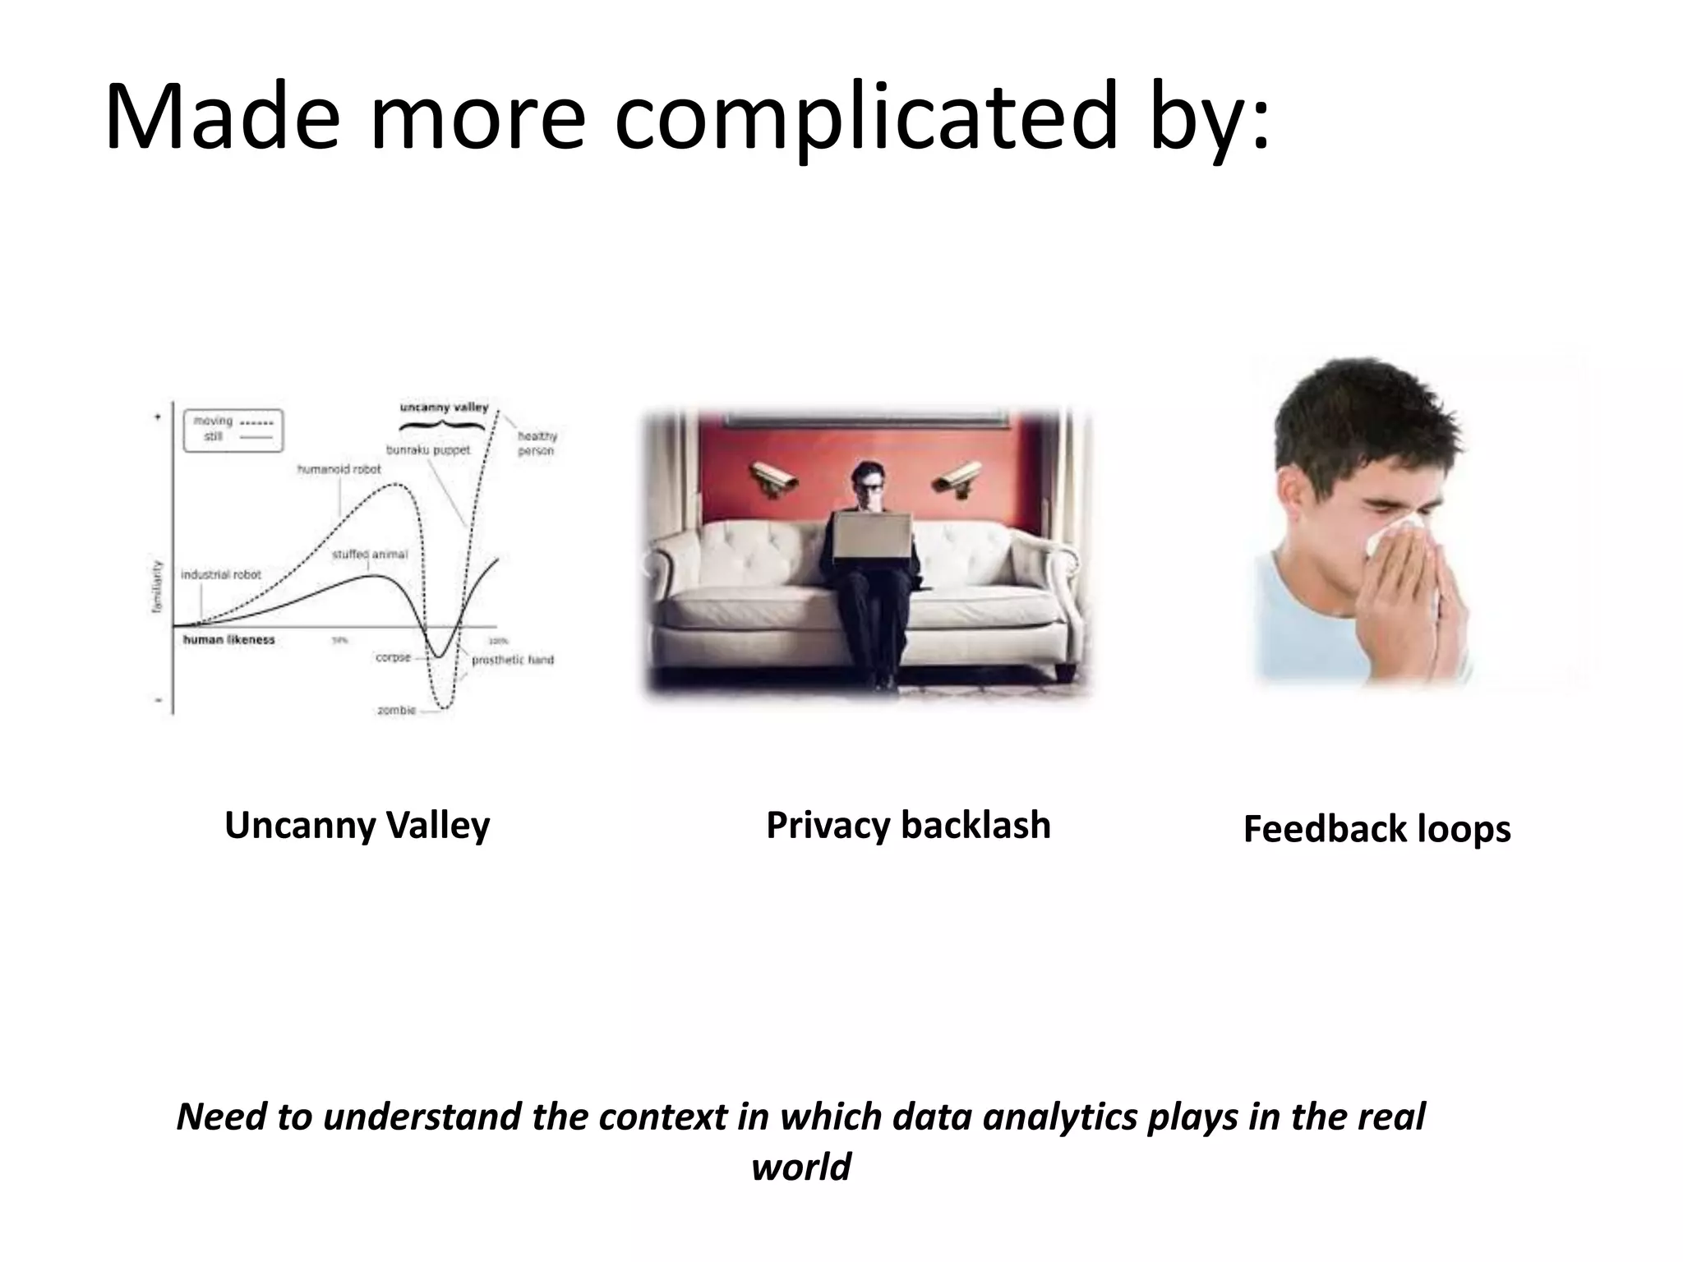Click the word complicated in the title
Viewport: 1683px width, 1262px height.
[x=867, y=117]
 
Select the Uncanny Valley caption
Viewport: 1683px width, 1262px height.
[x=357, y=826]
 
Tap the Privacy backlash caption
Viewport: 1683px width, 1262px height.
[x=908, y=825]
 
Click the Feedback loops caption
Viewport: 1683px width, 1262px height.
[x=1376, y=828]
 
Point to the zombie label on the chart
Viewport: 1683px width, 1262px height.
[x=396, y=710]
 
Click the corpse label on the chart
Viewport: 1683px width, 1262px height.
[x=393, y=657]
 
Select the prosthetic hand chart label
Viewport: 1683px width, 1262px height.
[x=513, y=660]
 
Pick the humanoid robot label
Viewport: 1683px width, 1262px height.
[x=339, y=469]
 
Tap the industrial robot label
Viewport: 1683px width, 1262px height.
[x=220, y=574]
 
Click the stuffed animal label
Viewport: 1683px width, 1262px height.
[x=369, y=555]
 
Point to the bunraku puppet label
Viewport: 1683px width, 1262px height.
[x=428, y=450]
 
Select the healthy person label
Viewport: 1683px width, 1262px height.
[x=537, y=444]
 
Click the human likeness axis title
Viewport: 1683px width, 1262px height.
[x=228, y=640]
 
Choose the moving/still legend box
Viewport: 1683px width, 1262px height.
[x=233, y=430]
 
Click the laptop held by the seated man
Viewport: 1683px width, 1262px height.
[x=872, y=538]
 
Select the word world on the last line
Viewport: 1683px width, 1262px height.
[x=801, y=1167]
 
